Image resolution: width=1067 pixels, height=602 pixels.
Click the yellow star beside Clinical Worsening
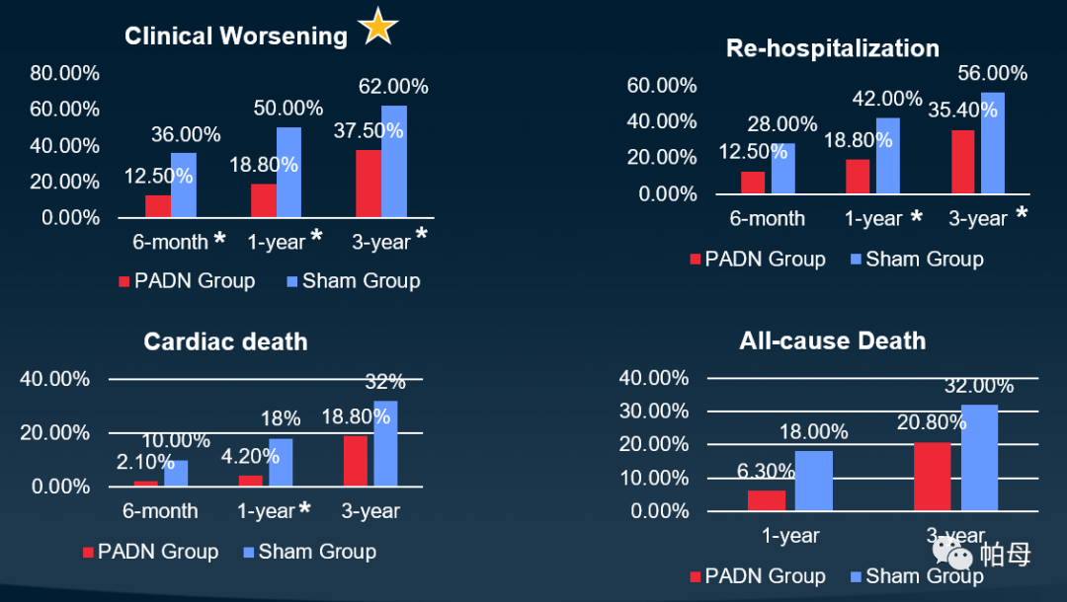pyautogui.click(x=377, y=27)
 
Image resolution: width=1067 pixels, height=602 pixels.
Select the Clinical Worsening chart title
pyautogui.click(x=236, y=37)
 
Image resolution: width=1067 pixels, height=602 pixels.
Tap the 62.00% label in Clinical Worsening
pyautogui.click(x=393, y=87)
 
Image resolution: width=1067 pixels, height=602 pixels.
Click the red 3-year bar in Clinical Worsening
pyautogui.click(x=368, y=184)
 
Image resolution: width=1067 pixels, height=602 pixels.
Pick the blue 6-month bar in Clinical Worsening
pyautogui.click(x=184, y=185)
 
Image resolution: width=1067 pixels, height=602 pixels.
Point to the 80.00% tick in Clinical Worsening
pyautogui.click(x=64, y=73)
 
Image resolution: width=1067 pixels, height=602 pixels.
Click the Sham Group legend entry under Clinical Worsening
pyautogui.click(x=353, y=281)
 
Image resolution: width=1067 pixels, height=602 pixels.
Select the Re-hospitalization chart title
pyautogui.click(x=832, y=48)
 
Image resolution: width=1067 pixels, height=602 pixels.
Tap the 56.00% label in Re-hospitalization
pyautogui.click(x=992, y=73)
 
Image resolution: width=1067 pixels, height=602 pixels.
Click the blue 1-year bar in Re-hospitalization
pyautogui.click(x=888, y=156)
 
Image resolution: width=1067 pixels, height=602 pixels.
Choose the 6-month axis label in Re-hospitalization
pyautogui.click(x=768, y=218)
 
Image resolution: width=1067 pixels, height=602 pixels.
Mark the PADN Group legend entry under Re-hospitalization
pyautogui.click(x=757, y=260)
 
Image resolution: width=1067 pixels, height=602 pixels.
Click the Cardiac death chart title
pyautogui.click(x=225, y=342)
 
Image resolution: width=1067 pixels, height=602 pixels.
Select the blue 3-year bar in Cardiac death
pyautogui.click(x=385, y=443)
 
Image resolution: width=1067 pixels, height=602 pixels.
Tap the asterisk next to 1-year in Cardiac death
pyautogui.click(x=304, y=509)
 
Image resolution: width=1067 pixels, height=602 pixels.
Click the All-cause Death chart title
pyautogui.click(x=832, y=341)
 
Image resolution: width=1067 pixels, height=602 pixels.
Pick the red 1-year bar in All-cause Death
pyautogui.click(x=766, y=500)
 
